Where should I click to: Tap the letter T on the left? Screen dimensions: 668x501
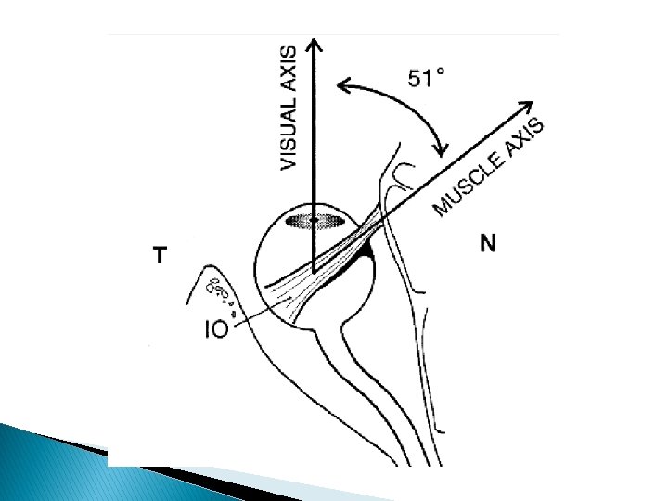161,256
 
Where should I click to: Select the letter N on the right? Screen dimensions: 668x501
489,244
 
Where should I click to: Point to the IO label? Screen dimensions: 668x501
216,328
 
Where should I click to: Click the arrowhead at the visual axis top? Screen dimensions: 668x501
315,45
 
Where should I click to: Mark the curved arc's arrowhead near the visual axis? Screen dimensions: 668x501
344,86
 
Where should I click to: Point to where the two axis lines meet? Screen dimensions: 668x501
315,270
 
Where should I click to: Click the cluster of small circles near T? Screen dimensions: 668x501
219,293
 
